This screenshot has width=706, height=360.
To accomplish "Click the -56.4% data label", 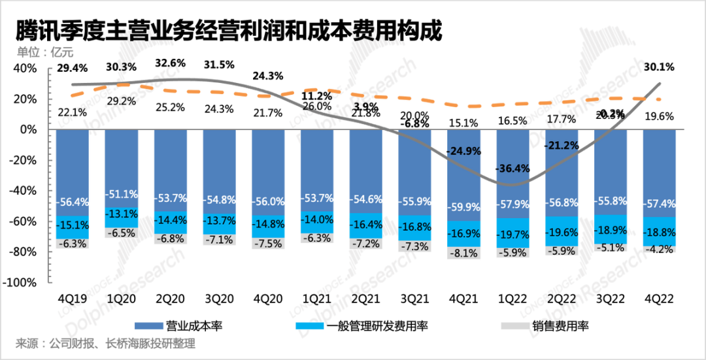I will pos(72,201).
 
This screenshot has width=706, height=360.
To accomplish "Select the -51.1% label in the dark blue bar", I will pos(121,194).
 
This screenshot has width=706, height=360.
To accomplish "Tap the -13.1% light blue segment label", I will pos(121,214).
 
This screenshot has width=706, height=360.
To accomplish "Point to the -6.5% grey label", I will pos(121,233).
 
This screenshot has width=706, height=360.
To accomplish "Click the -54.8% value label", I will pos(219,199).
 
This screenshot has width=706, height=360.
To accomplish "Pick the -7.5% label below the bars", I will pos(268,244).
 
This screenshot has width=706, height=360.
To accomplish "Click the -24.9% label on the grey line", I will pos(464,151).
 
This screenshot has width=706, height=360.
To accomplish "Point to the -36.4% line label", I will pos(513,169).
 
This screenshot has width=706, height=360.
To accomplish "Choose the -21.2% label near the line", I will pos(562,144).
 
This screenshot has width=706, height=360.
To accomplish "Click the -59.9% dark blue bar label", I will pos(464,207).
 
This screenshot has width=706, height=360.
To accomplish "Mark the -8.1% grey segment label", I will pos(464,252).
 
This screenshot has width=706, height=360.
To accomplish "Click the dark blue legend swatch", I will pos(149,325).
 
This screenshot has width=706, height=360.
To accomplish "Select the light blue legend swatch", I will pos(309,325).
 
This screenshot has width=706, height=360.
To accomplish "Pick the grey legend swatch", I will pos(515,325).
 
